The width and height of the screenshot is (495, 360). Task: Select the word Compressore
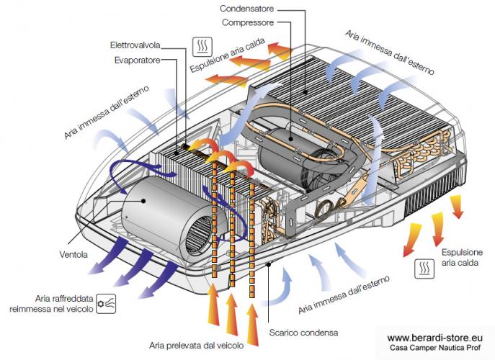[x=248, y=22]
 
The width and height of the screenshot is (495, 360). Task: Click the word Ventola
[x=73, y=254]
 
